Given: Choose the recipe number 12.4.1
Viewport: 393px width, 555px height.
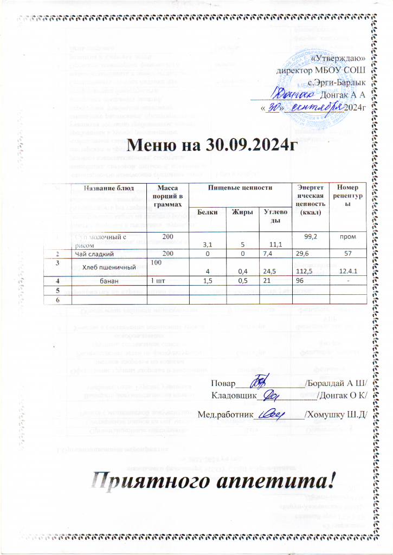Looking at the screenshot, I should pyautogui.click(x=349, y=270).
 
